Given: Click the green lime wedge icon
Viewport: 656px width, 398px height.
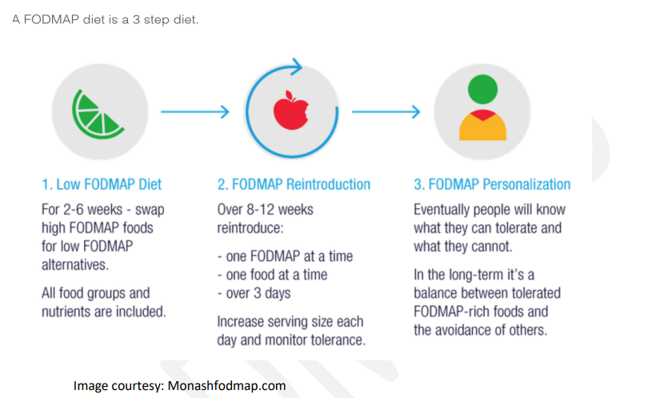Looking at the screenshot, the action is tap(97, 114).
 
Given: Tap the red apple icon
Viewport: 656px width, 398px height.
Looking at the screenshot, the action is tap(291, 111).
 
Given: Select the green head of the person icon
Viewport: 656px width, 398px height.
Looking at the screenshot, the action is tap(482, 89).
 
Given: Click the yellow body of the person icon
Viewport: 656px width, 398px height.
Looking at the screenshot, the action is tap(482, 127).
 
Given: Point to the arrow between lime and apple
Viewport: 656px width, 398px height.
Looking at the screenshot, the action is tap(195, 112).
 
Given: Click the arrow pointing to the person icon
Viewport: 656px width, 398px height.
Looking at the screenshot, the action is tap(386, 112).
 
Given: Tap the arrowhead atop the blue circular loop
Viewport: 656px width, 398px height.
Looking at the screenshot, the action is tap(297, 66).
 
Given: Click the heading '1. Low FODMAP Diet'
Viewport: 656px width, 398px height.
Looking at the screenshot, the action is tap(102, 184).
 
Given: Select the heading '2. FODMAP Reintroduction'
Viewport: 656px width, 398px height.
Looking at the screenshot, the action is tap(294, 184).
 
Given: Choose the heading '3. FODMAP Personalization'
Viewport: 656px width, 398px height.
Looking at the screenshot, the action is tap(492, 184).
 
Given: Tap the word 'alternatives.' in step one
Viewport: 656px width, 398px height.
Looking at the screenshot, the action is tap(75, 265).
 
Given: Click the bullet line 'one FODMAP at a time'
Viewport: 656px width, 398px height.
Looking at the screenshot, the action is tap(286, 256).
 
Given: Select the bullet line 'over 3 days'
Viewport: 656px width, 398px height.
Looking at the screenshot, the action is tap(254, 293).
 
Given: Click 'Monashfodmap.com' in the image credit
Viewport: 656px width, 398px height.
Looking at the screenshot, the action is tap(226, 385).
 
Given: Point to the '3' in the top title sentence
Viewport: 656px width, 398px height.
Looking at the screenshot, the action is tap(136, 20).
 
